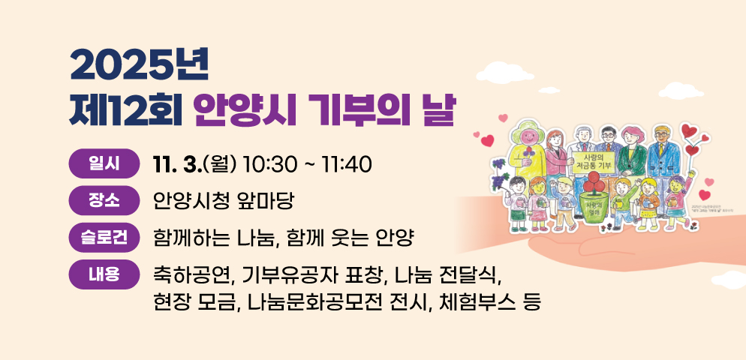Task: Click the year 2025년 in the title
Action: (x=138, y=67)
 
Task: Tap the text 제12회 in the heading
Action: (x=122, y=111)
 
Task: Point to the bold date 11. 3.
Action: (x=173, y=163)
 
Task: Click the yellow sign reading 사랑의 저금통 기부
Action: (x=594, y=162)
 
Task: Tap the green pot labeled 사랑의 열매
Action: (x=594, y=205)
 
